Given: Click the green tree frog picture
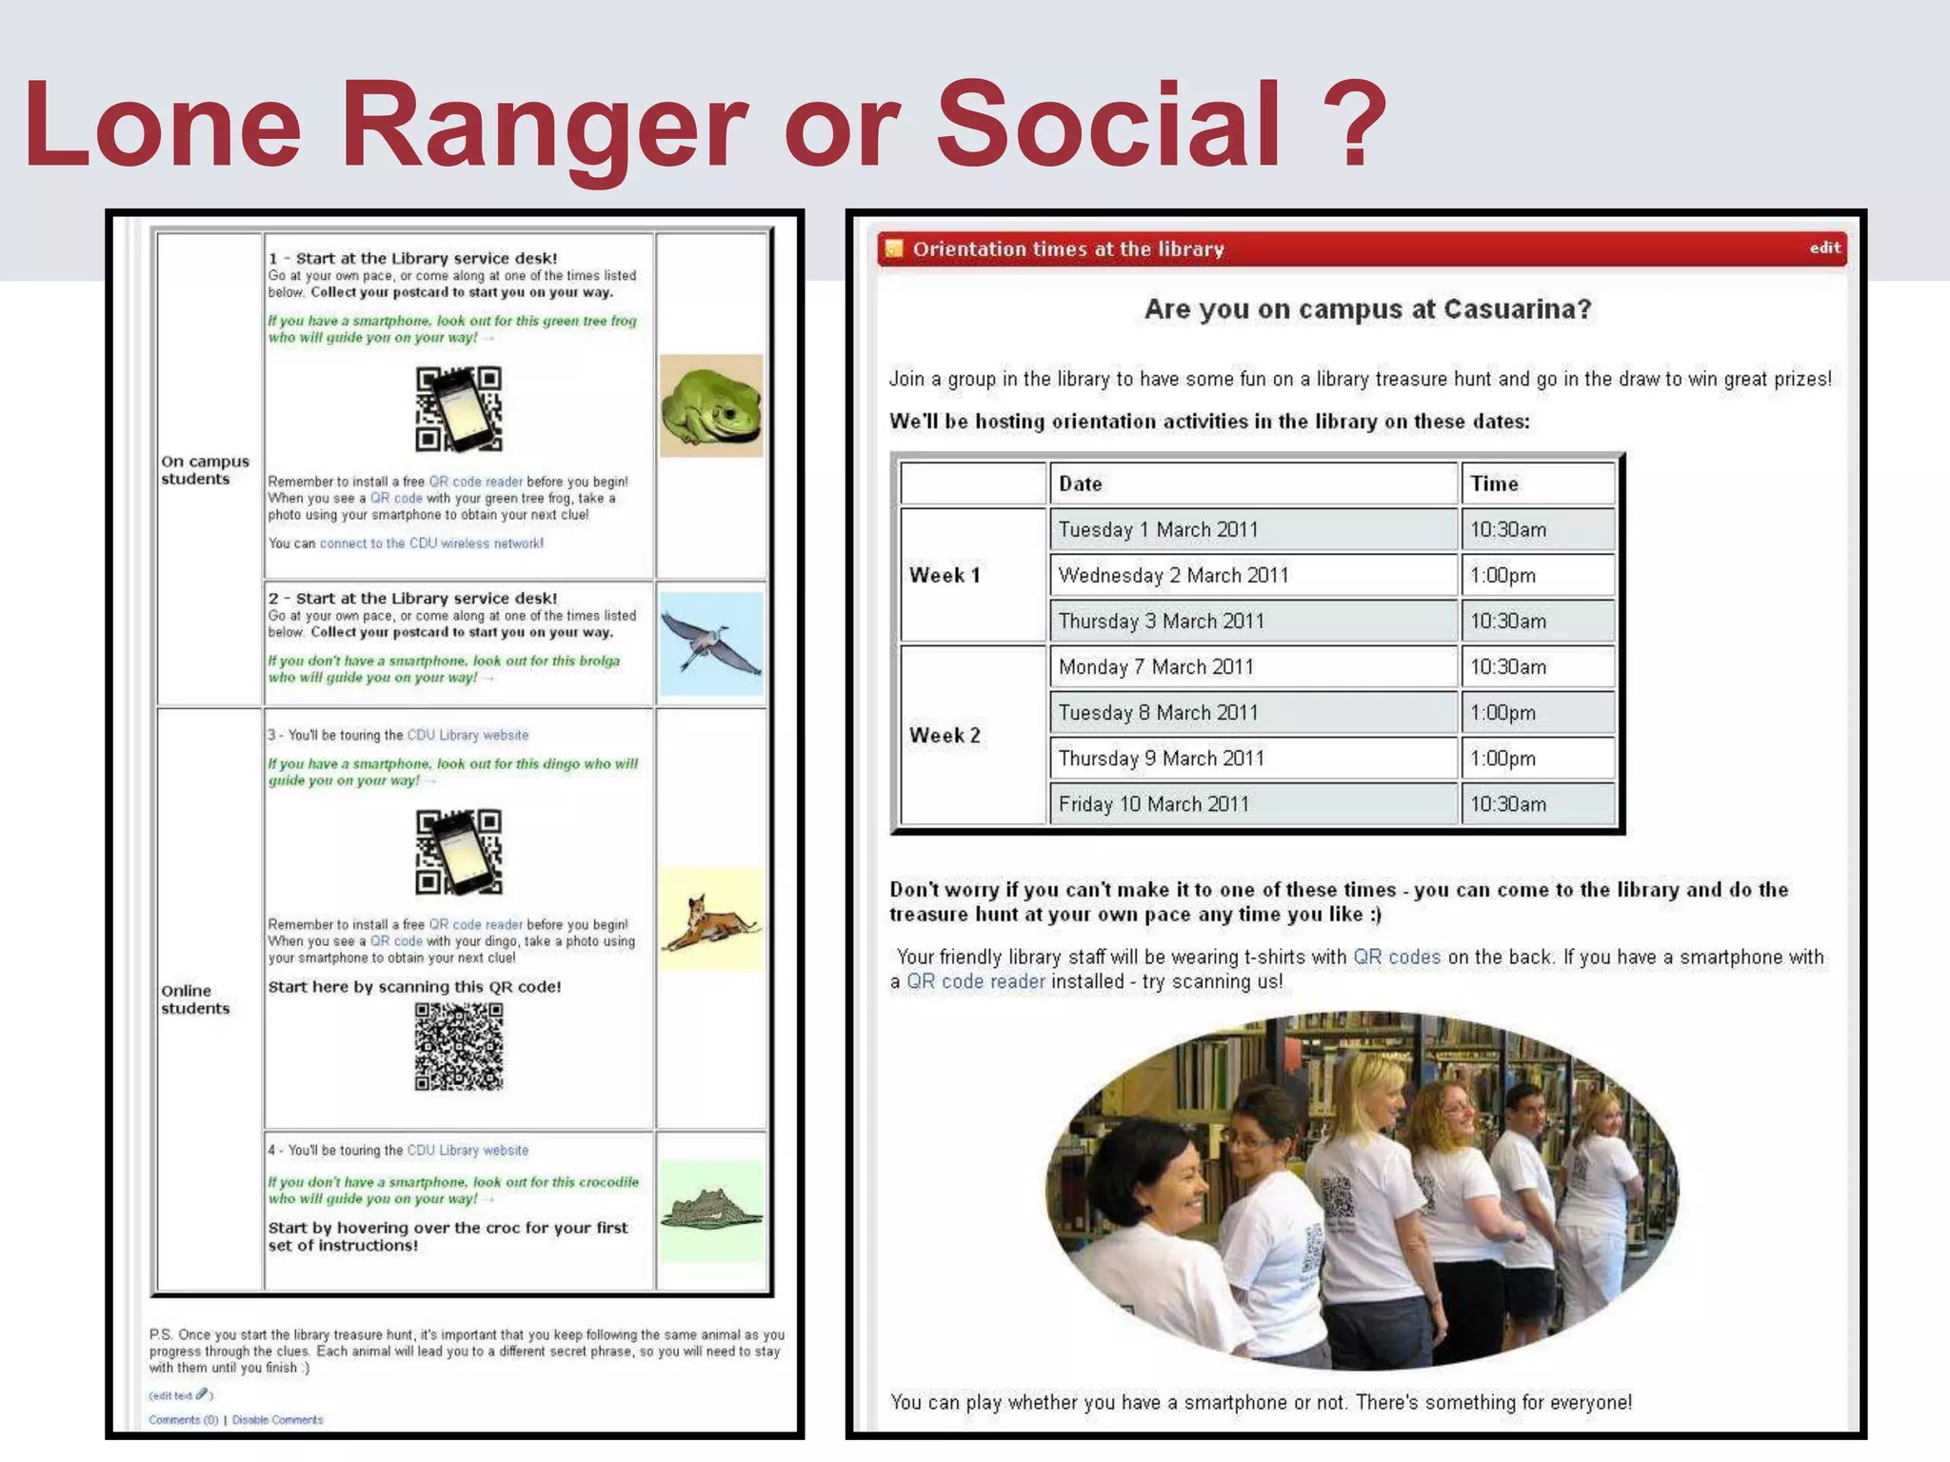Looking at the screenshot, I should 711,405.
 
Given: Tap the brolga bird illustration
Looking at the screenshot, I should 711,643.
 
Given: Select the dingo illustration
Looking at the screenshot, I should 711,919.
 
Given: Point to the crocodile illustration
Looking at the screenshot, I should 711,1212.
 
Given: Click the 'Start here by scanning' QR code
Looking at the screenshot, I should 459,1046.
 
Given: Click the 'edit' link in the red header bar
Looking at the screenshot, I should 1824,248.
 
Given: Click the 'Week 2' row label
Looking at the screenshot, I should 945,735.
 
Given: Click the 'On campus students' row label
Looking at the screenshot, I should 205,470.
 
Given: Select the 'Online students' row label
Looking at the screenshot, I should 195,999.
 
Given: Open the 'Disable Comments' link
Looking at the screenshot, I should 277,1419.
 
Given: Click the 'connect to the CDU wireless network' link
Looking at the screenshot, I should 431,543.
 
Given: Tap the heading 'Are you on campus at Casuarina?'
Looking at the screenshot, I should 1367,309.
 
